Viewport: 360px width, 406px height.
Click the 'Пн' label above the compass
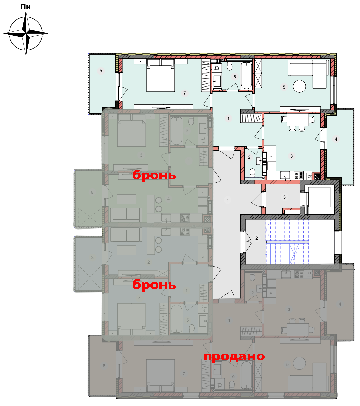(x=25, y=7)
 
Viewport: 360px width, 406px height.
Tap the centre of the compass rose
(x=26, y=33)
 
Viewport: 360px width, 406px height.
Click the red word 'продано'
(x=234, y=356)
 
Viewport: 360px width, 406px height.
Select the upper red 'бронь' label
(x=154, y=175)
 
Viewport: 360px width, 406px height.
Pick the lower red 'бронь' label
(x=154, y=284)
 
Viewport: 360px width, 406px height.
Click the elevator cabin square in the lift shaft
(x=319, y=197)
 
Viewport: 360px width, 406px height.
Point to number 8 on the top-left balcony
(x=101, y=71)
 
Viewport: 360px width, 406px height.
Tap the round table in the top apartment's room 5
(x=299, y=86)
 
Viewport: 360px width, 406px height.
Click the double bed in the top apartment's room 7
(x=160, y=75)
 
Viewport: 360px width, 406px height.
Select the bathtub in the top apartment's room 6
(x=246, y=75)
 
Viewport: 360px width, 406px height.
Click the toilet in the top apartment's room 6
(x=230, y=66)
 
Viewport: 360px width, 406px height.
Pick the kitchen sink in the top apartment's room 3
(x=285, y=175)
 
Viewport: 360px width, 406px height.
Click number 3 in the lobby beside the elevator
(x=284, y=197)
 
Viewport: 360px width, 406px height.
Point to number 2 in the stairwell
(x=257, y=238)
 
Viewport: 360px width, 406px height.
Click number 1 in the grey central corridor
(x=228, y=200)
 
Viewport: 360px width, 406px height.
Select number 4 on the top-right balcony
(x=336, y=139)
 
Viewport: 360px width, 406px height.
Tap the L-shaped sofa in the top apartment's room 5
(x=308, y=71)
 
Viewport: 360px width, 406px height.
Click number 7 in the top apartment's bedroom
(x=185, y=93)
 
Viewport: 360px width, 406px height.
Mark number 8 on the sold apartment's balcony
(x=104, y=366)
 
